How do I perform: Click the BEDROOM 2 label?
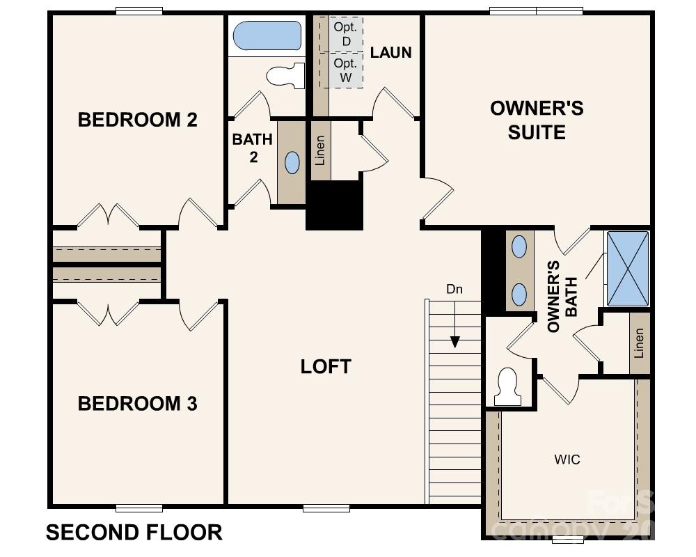pos(137,120)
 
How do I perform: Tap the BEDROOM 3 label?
pos(137,404)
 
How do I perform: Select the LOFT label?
pos(326,367)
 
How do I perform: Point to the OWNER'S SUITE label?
pos(537,120)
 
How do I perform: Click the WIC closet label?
pos(567,460)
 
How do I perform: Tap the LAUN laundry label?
pos(390,52)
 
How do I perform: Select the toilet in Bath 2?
pos(287,74)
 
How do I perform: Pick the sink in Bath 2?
pos(292,163)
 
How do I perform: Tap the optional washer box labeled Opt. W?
pos(346,70)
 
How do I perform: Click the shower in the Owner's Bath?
pos(628,269)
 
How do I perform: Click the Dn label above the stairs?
pos(454,289)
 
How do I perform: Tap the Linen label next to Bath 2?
pos(320,150)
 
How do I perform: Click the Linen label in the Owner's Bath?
pos(639,343)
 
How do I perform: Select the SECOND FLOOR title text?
pos(134,533)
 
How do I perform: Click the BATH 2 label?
pos(252,148)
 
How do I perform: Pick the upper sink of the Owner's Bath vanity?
pos(519,246)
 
